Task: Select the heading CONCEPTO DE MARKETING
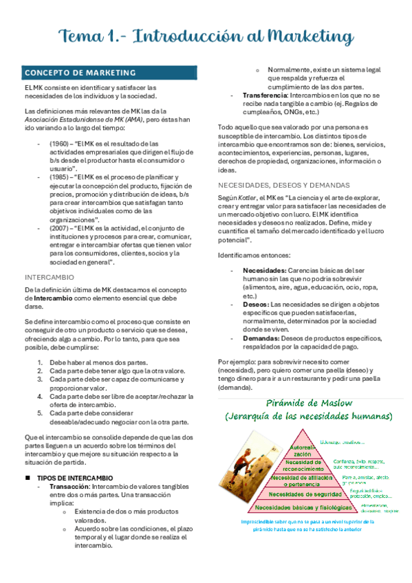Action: pyautogui.click(x=80, y=73)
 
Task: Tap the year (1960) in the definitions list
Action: pyautogui.click(x=59, y=143)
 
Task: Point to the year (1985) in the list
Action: pyautogui.click(x=59, y=177)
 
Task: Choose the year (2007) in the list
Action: pyautogui.click(x=59, y=228)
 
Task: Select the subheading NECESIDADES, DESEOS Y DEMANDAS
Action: pyautogui.click(x=283, y=185)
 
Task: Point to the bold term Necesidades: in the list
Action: pyautogui.click(x=265, y=270)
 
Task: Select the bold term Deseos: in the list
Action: pyautogui.click(x=257, y=304)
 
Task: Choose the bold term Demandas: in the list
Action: pyautogui.click(x=262, y=338)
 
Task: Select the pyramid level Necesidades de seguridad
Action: pyautogui.click(x=304, y=494)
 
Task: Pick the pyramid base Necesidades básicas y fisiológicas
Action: pyautogui.click(x=304, y=507)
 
